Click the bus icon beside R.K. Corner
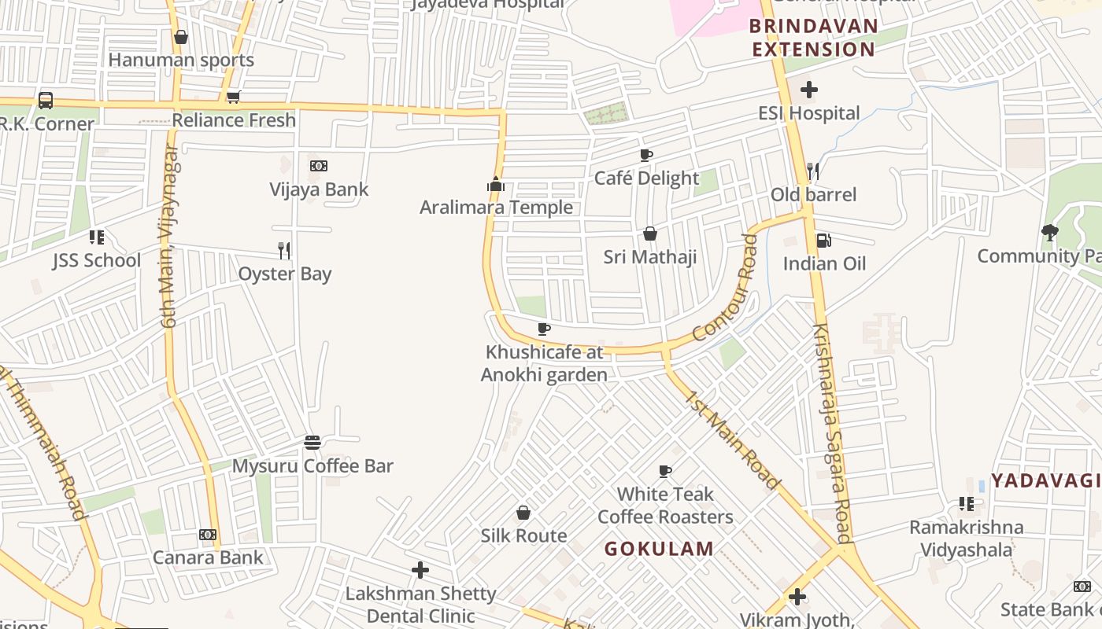tap(46, 101)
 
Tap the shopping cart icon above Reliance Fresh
tap(233, 97)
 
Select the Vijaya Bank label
tap(319, 189)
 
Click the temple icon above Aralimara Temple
tap(495, 185)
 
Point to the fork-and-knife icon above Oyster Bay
tap(284, 251)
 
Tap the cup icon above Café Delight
tap(646, 156)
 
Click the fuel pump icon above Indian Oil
tap(823, 241)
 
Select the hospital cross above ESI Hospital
tap(808, 90)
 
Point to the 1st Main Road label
tap(732, 440)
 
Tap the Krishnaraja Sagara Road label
tap(832, 432)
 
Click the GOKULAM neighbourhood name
tap(659, 549)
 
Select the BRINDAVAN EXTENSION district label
tap(813, 38)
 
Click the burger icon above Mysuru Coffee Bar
tap(312, 443)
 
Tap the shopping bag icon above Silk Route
tap(523, 513)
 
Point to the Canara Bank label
tap(208, 557)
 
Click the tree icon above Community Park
tap(1049, 233)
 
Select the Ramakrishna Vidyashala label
tap(967, 539)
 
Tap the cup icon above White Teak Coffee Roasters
tap(665, 472)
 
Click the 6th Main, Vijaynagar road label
tap(169, 236)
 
